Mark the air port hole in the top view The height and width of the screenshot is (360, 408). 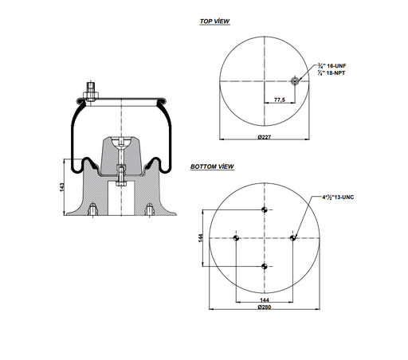pos(294,80)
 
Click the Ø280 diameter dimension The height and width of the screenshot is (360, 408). pos(265,308)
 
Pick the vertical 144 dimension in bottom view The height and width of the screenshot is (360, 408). pos(201,237)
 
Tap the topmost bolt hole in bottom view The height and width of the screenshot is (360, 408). pos(265,209)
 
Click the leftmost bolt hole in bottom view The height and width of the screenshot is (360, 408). pos(236,237)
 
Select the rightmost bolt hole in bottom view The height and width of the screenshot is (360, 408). pos(293,237)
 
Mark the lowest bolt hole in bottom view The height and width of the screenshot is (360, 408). pos(265,266)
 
